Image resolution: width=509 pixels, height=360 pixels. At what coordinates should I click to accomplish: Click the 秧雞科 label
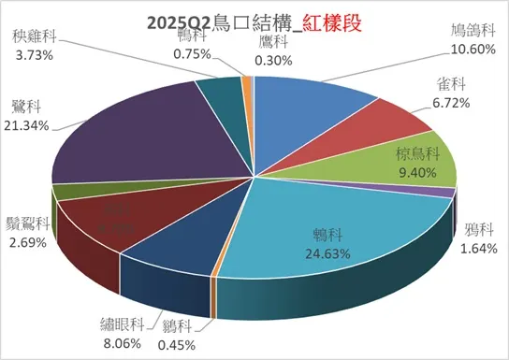32,38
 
